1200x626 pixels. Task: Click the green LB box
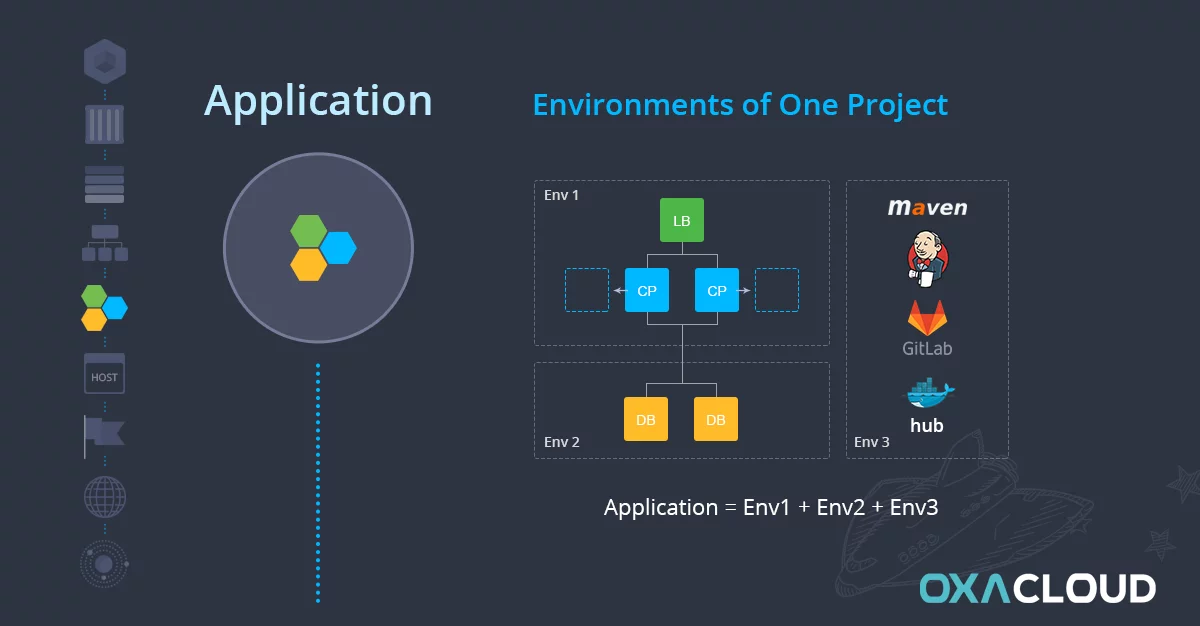(x=681, y=220)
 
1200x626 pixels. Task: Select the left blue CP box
(x=647, y=290)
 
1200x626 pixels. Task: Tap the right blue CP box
(x=717, y=290)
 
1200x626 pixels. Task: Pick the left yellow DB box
(x=646, y=419)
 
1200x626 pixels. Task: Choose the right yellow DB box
(x=716, y=419)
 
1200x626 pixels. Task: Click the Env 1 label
(x=561, y=195)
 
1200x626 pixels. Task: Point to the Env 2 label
(x=561, y=442)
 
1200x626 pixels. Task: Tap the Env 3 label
(x=872, y=442)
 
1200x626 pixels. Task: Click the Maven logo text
(x=927, y=207)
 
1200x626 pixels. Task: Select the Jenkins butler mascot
(x=927, y=259)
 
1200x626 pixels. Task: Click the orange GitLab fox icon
(x=927, y=318)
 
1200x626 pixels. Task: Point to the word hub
(x=927, y=426)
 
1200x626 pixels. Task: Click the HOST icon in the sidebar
(x=104, y=374)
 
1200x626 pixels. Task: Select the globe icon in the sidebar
(x=105, y=497)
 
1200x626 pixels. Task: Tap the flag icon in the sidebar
(x=104, y=435)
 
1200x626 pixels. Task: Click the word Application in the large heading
(x=318, y=102)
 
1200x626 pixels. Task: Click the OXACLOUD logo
(x=1038, y=589)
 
